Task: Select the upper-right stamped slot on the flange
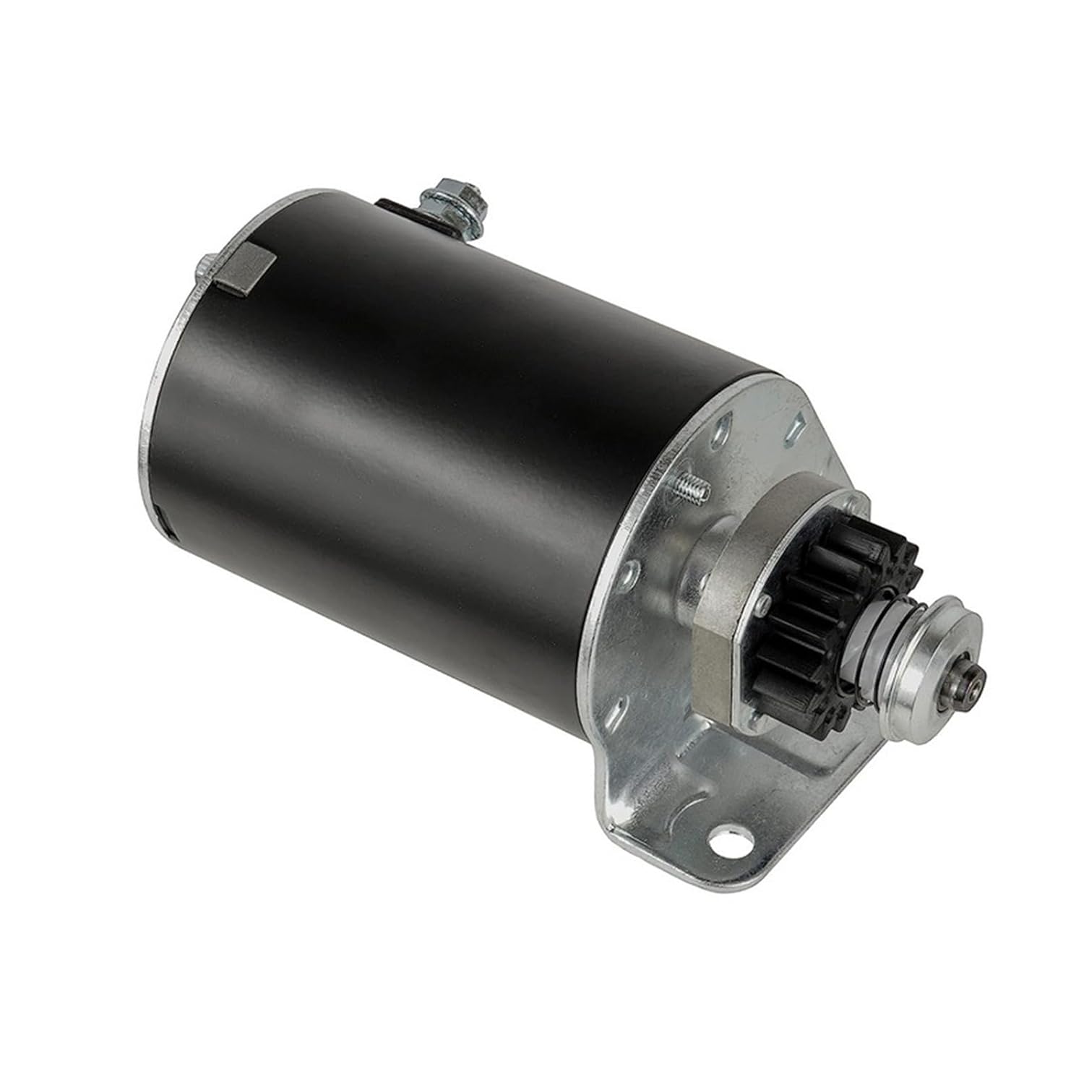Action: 797,428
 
